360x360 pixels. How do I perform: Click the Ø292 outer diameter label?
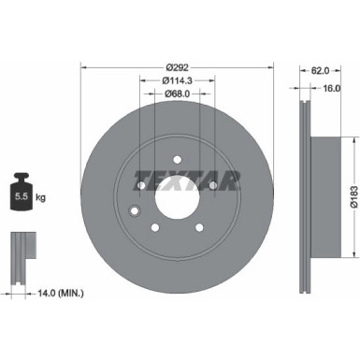pos(179,67)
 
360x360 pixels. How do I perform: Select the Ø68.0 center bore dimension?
pos(179,94)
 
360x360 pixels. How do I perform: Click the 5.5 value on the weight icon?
pos(20,197)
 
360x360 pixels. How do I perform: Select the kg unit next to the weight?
pos(40,197)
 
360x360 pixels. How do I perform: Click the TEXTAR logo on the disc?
pos(186,179)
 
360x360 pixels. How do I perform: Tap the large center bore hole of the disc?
pos(177,197)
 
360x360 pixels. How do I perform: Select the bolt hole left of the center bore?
pos(140,186)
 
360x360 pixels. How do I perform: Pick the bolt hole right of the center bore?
pos(213,186)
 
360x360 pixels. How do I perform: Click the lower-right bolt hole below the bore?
pos(199,229)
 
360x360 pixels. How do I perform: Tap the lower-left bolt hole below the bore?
pos(154,229)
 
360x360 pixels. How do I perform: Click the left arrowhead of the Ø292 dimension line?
pos(83,67)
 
